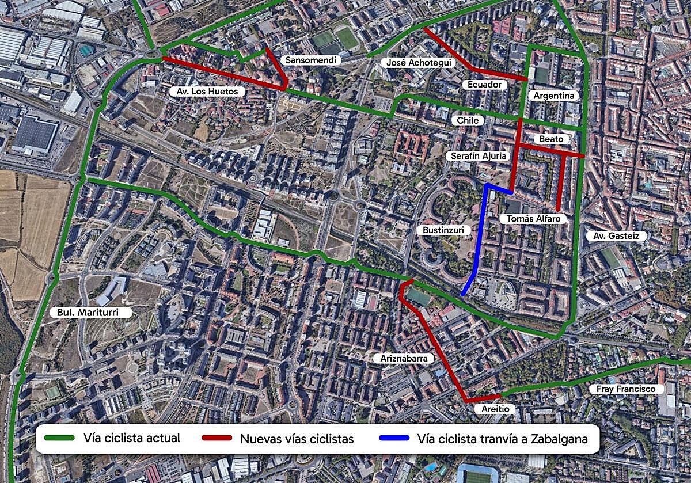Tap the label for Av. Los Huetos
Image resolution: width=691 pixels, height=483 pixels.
pyautogui.click(x=208, y=92)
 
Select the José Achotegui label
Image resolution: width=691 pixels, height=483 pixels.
pyautogui.click(x=419, y=63)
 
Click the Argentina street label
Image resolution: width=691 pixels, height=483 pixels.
pyautogui.click(x=554, y=96)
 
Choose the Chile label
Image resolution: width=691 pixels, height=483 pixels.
pyautogui.click(x=468, y=120)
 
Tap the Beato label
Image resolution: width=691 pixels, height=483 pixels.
pyautogui.click(x=551, y=139)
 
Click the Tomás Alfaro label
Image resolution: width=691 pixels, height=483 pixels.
pyautogui.click(x=533, y=219)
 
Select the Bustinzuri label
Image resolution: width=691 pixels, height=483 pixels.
pyautogui.click(x=443, y=230)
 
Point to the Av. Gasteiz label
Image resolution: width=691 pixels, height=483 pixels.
pyautogui.click(x=616, y=236)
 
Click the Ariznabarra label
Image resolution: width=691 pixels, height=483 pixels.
pyautogui.click(x=404, y=358)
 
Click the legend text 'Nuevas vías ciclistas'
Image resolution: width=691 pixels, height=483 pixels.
pyautogui.click(x=297, y=439)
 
